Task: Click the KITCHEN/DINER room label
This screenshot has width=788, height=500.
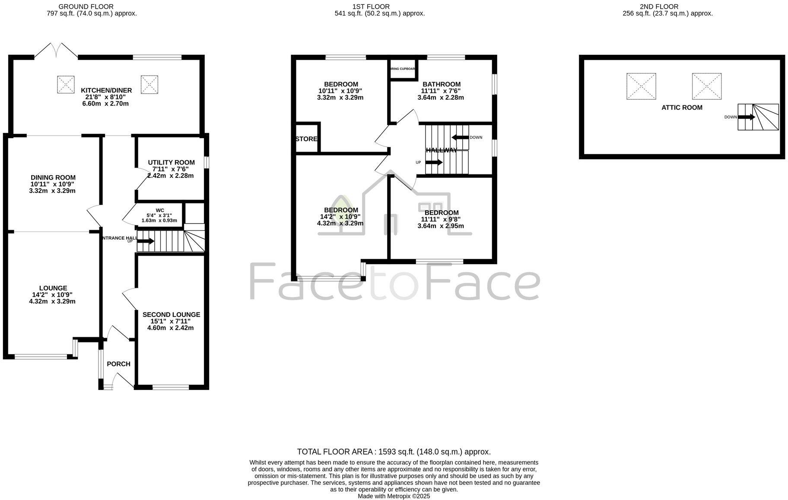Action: click(106, 90)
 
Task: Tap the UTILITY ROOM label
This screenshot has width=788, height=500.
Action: click(171, 162)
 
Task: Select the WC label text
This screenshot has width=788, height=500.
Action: click(160, 210)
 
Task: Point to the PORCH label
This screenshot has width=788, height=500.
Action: click(118, 364)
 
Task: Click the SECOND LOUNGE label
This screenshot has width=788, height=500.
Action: click(171, 314)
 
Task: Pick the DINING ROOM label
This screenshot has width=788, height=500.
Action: click(53, 177)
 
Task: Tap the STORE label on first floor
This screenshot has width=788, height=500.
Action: click(306, 139)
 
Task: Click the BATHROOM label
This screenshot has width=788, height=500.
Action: click(441, 84)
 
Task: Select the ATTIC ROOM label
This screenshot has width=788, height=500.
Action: click(682, 108)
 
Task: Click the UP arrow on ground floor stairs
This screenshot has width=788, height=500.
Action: click(145, 241)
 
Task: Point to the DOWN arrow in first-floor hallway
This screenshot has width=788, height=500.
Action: click(460, 137)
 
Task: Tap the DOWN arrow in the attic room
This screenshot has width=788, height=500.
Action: click(746, 117)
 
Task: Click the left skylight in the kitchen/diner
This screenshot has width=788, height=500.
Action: click(66, 84)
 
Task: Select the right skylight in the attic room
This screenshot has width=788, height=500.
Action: click(706, 86)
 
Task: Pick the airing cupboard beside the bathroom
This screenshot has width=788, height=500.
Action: click(403, 69)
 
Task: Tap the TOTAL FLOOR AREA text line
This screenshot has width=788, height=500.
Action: click(394, 452)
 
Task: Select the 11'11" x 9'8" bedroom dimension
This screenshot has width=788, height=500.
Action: click(441, 219)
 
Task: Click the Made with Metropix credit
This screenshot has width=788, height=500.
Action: click(394, 496)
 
